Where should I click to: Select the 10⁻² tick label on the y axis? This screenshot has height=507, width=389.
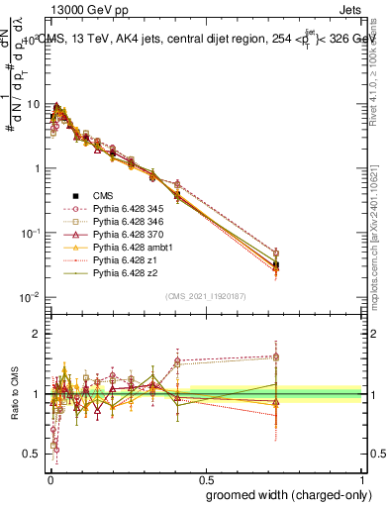coord(30,297)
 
